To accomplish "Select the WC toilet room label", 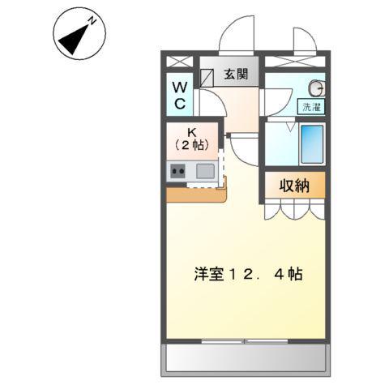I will (x=179, y=94).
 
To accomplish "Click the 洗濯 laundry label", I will (x=312, y=106).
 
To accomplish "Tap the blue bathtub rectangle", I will (x=311, y=144).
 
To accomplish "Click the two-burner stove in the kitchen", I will (x=178, y=171).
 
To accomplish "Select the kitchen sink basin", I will (x=205, y=171).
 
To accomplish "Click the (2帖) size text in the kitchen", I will (x=193, y=144).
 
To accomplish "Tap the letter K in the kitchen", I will (x=193, y=130).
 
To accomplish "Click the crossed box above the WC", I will (x=178, y=61).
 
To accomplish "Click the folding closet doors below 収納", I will (x=294, y=209).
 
